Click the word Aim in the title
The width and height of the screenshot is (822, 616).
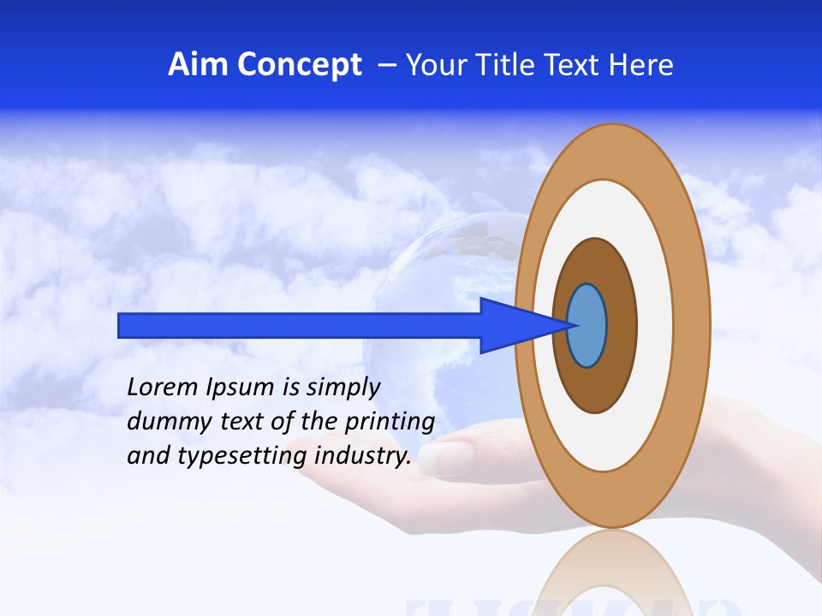[198, 64]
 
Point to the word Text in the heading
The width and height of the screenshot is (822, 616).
[580, 64]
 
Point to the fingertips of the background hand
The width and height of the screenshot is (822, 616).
[441, 458]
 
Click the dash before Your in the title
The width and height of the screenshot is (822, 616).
[387, 64]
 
